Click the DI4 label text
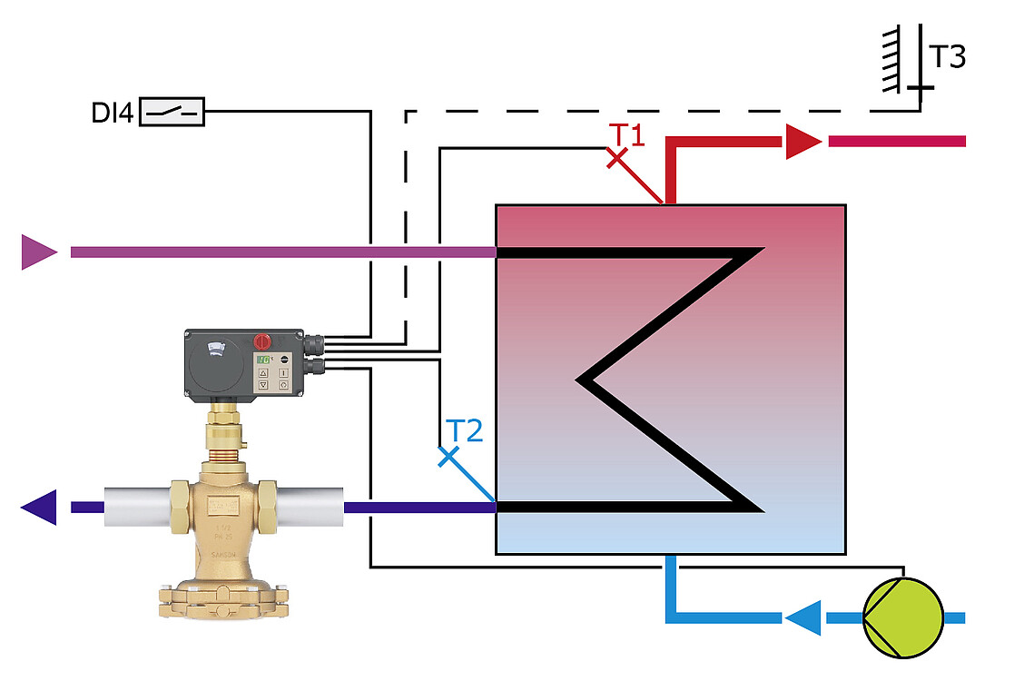(x=112, y=113)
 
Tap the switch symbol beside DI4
(x=172, y=112)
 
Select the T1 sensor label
(x=625, y=135)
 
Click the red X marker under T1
(x=617, y=159)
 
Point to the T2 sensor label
(x=464, y=430)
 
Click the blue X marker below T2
(x=448, y=457)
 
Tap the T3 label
(x=946, y=57)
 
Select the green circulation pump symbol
(x=902, y=617)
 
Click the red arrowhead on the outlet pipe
(x=801, y=141)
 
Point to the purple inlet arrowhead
(x=37, y=252)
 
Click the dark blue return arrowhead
(x=39, y=507)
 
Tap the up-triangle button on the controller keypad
(x=263, y=372)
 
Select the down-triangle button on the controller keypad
(x=263, y=385)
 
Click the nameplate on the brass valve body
(x=222, y=505)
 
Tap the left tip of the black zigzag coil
(x=583, y=379)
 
